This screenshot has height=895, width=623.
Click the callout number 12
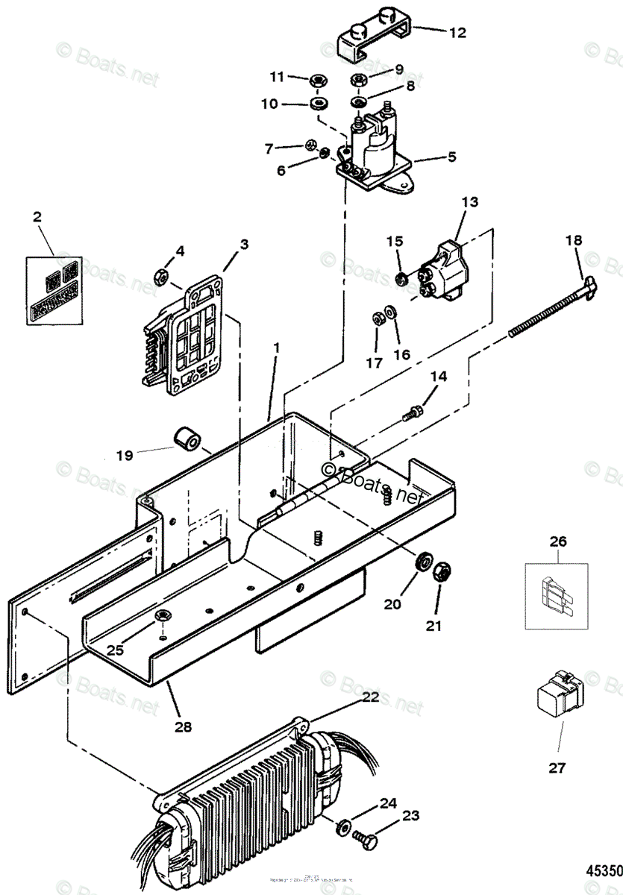click(457, 33)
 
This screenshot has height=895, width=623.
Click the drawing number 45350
click(604, 870)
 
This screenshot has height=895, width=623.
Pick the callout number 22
click(371, 697)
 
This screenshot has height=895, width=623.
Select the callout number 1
click(276, 348)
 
